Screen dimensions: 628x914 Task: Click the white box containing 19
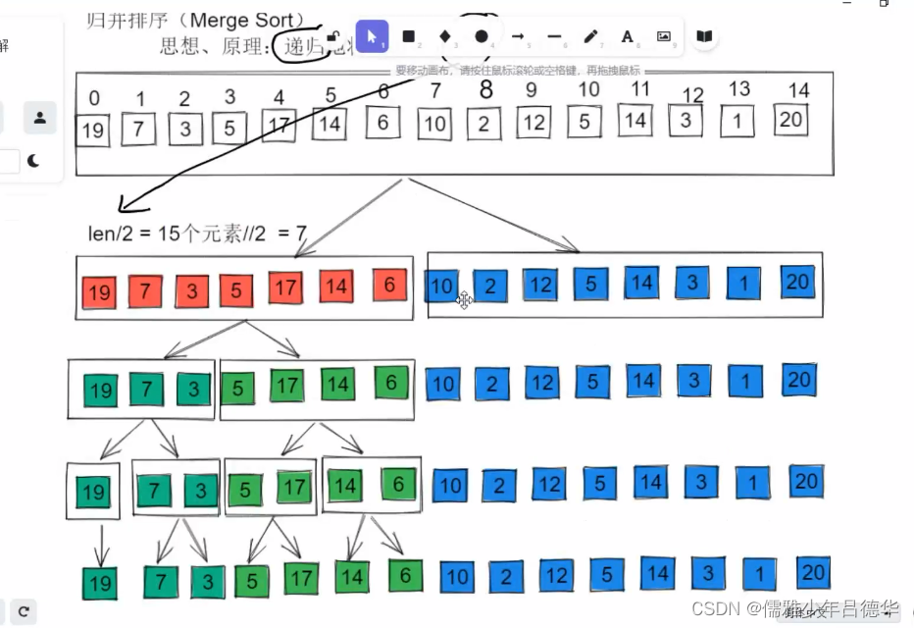92,131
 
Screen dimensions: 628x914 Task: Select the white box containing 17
279,127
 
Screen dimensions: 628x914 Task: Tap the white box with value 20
790,120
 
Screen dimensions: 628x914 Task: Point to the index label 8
485,89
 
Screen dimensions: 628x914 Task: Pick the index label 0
94,98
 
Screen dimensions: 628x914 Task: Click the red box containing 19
97,290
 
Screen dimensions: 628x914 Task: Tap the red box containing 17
285,288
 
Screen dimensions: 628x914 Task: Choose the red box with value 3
192,291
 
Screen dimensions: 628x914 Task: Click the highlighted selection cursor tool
372,36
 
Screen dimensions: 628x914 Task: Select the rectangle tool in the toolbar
408,36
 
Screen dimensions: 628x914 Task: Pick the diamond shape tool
444,36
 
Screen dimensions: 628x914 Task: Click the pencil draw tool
590,36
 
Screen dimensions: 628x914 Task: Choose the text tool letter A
628,36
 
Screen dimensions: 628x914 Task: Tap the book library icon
703,36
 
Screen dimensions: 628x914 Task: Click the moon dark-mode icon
33,160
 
